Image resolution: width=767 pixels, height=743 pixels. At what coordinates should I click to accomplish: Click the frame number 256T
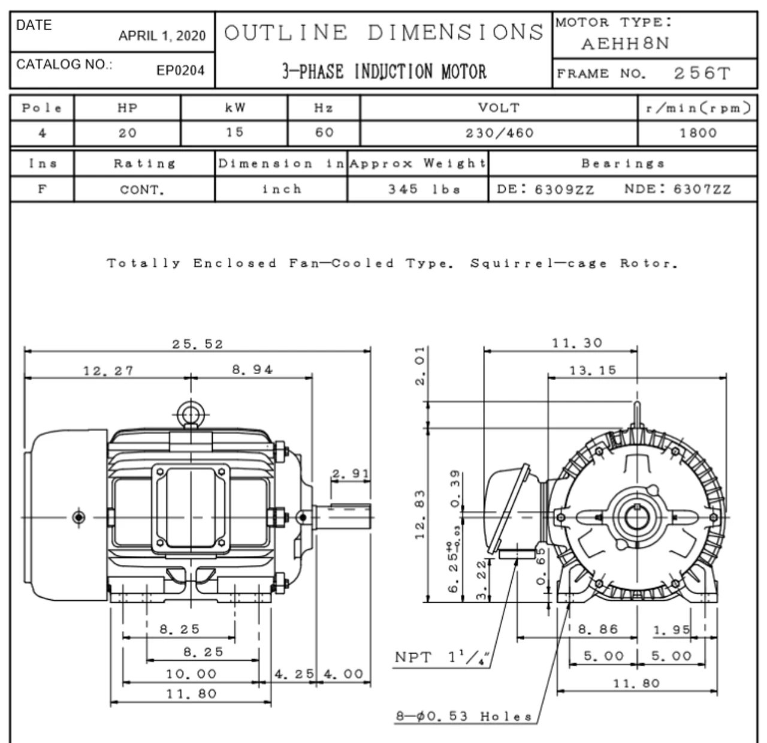702,74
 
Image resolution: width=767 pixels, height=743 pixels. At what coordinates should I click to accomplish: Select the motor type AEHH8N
625,44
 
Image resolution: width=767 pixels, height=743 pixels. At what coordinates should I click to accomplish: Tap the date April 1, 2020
162,36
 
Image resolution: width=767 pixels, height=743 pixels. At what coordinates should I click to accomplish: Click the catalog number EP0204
180,71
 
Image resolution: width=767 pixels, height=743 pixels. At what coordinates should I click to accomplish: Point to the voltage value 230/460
499,133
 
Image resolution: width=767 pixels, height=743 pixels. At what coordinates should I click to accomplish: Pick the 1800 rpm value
697,133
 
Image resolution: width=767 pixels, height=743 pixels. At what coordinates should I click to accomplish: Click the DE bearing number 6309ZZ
564,189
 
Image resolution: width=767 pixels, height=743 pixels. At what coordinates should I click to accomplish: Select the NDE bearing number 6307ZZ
702,189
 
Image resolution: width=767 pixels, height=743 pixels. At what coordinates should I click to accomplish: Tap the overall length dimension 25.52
197,344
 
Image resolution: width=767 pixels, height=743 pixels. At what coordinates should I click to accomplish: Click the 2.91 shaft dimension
351,474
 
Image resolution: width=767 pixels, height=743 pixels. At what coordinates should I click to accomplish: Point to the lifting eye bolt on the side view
191,414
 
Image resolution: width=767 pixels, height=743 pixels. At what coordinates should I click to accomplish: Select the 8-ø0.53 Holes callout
464,716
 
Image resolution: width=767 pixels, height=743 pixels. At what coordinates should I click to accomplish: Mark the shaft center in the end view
637,516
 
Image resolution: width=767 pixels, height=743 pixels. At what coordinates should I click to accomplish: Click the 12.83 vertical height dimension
420,514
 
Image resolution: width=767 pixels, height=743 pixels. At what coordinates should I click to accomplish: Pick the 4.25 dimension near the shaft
294,673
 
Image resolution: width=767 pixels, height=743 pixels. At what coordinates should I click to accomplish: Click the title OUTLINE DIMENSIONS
383,32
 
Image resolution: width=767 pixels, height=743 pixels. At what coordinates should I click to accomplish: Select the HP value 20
127,133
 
